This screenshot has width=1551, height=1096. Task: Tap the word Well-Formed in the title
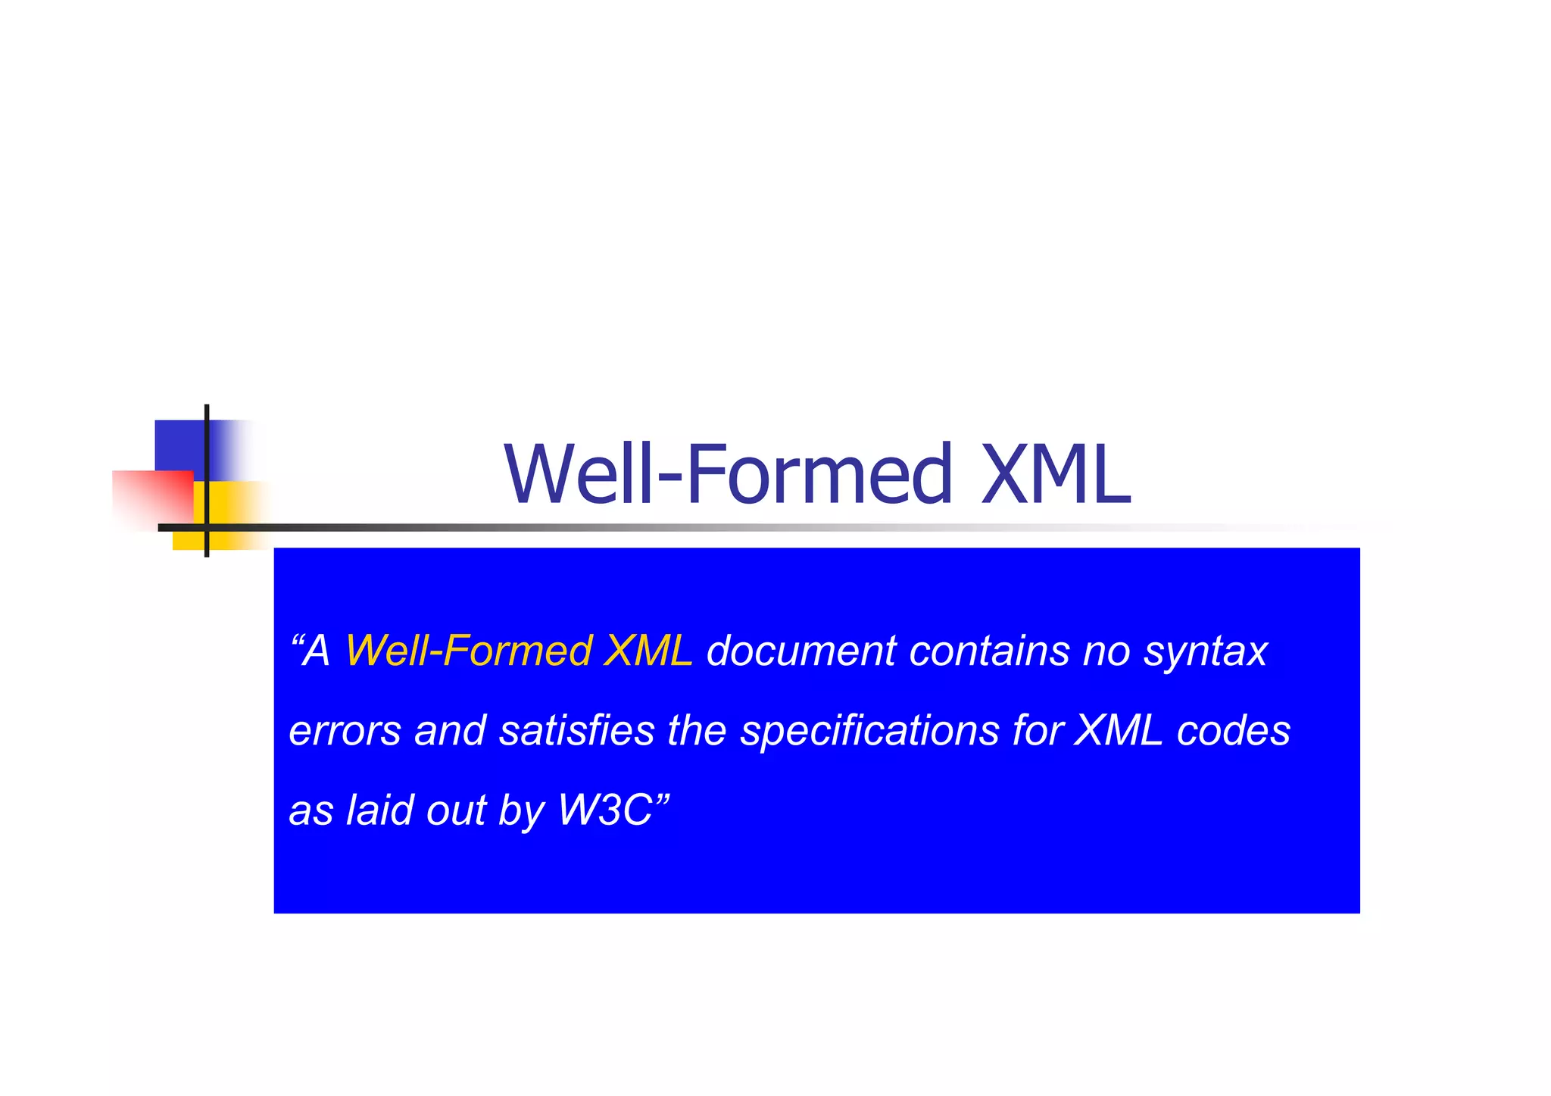coord(728,474)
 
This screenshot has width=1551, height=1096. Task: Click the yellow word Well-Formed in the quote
coord(468,651)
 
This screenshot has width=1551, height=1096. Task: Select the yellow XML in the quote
coord(648,651)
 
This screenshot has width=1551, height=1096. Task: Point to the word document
coord(800,651)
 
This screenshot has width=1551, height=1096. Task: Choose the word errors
coord(345,731)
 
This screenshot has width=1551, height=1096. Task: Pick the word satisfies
coord(576,731)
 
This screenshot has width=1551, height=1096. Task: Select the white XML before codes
coord(1119,731)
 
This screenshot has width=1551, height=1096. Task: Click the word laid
coord(379,810)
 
